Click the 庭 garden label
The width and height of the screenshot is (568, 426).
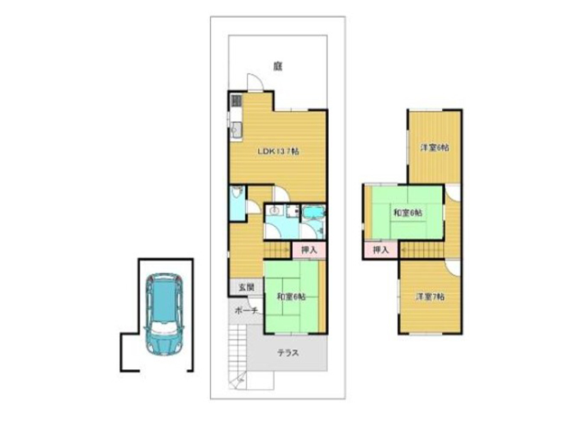pyautogui.click(x=278, y=67)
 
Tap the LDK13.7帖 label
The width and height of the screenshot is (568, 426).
pyautogui.click(x=278, y=151)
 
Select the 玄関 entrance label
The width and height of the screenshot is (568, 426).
pyautogui.click(x=246, y=288)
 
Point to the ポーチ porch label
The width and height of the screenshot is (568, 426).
pyautogui.click(x=246, y=310)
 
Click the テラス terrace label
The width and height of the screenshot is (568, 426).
pyautogui.click(x=288, y=352)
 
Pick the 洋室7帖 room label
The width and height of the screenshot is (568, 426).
pyautogui.click(x=430, y=297)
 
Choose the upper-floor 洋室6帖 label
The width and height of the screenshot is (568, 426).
pyautogui.click(x=435, y=148)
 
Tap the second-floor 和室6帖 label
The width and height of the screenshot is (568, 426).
pyautogui.click(x=408, y=213)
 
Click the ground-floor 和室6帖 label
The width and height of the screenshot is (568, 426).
pyautogui.click(x=291, y=297)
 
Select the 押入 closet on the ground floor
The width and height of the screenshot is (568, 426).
pyautogui.click(x=309, y=250)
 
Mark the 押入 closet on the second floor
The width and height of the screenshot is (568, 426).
pyautogui.click(x=381, y=250)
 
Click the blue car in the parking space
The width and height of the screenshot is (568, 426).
pyautogui.click(x=164, y=314)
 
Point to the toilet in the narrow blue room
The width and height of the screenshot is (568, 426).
pyautogui.click(x=237, y=192)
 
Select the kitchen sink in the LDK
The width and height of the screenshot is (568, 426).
pyautogui.click(x=236, y=129)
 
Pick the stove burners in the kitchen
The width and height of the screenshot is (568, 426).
pyautogui.click(x=236, y=100)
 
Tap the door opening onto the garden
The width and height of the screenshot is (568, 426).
pyautogui.click(x=255, y=82)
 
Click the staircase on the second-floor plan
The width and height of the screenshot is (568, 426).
pyautogui.click(x=422, y=250)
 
